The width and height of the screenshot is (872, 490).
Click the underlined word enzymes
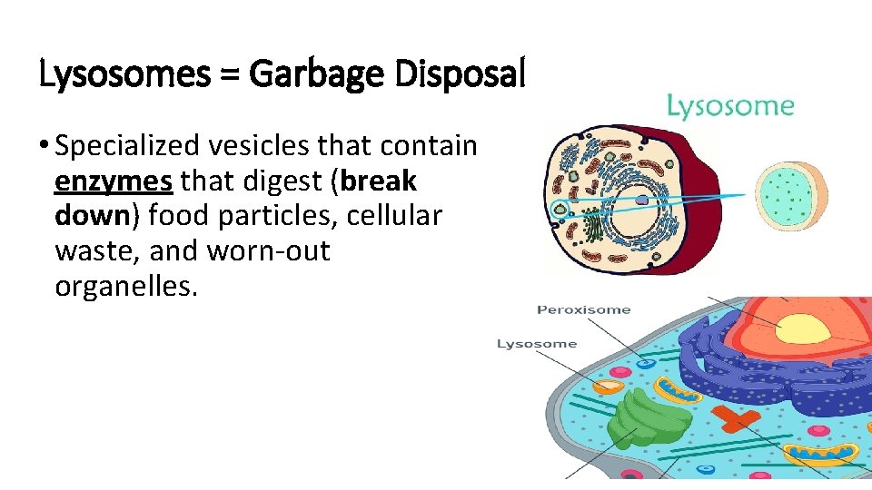click(x=114, y=181)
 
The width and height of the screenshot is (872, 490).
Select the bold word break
click(x=381, y=181)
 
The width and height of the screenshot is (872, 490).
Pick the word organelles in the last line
click(x=125, y=288)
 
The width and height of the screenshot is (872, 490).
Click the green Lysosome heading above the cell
click(x=730, y=107)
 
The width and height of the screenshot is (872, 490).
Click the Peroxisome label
click(x=583, y=309)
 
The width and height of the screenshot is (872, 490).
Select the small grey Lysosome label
click(x=537, y=344)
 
